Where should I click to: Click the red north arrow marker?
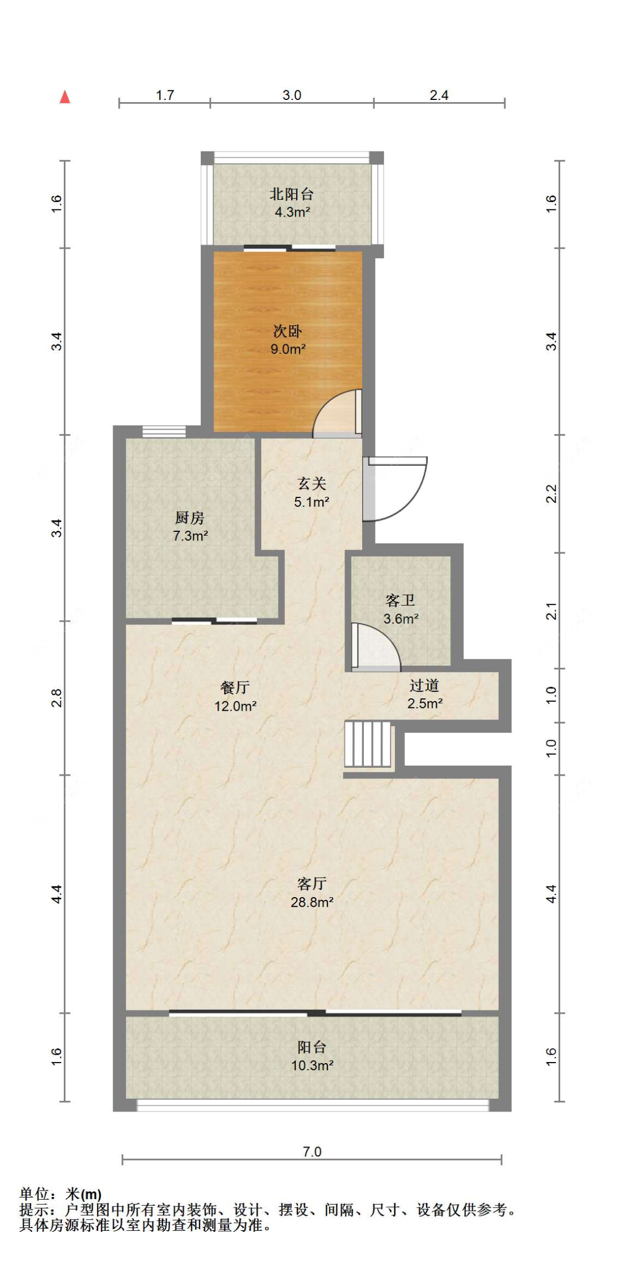click(x=65, y=97)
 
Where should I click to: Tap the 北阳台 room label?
click(x=292, y=194)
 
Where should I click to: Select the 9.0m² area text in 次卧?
click(x=288, y=349)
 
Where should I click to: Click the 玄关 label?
click(x=312, y=484)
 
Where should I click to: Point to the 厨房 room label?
click(x=190, y=518)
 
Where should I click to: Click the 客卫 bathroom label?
click(x=400, y=601)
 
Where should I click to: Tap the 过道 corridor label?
click(x=424, y=686)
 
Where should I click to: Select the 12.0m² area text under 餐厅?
click(x=235, y=706)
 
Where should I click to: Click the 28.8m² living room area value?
click(x=312, y=902)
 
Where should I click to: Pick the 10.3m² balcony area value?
click(x=312, y=1065)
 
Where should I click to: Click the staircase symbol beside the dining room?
click(x=368, y=744)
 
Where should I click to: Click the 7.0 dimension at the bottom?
click(x=312, y=1151)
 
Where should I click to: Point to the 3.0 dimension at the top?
click(x=292, y=95)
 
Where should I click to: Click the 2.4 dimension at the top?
click(x=439, y=95)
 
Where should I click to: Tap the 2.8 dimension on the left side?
click(x=57, y=698)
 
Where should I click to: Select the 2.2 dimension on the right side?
click(x=551, y=494)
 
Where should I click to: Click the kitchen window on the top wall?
click(x=164, y=431)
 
